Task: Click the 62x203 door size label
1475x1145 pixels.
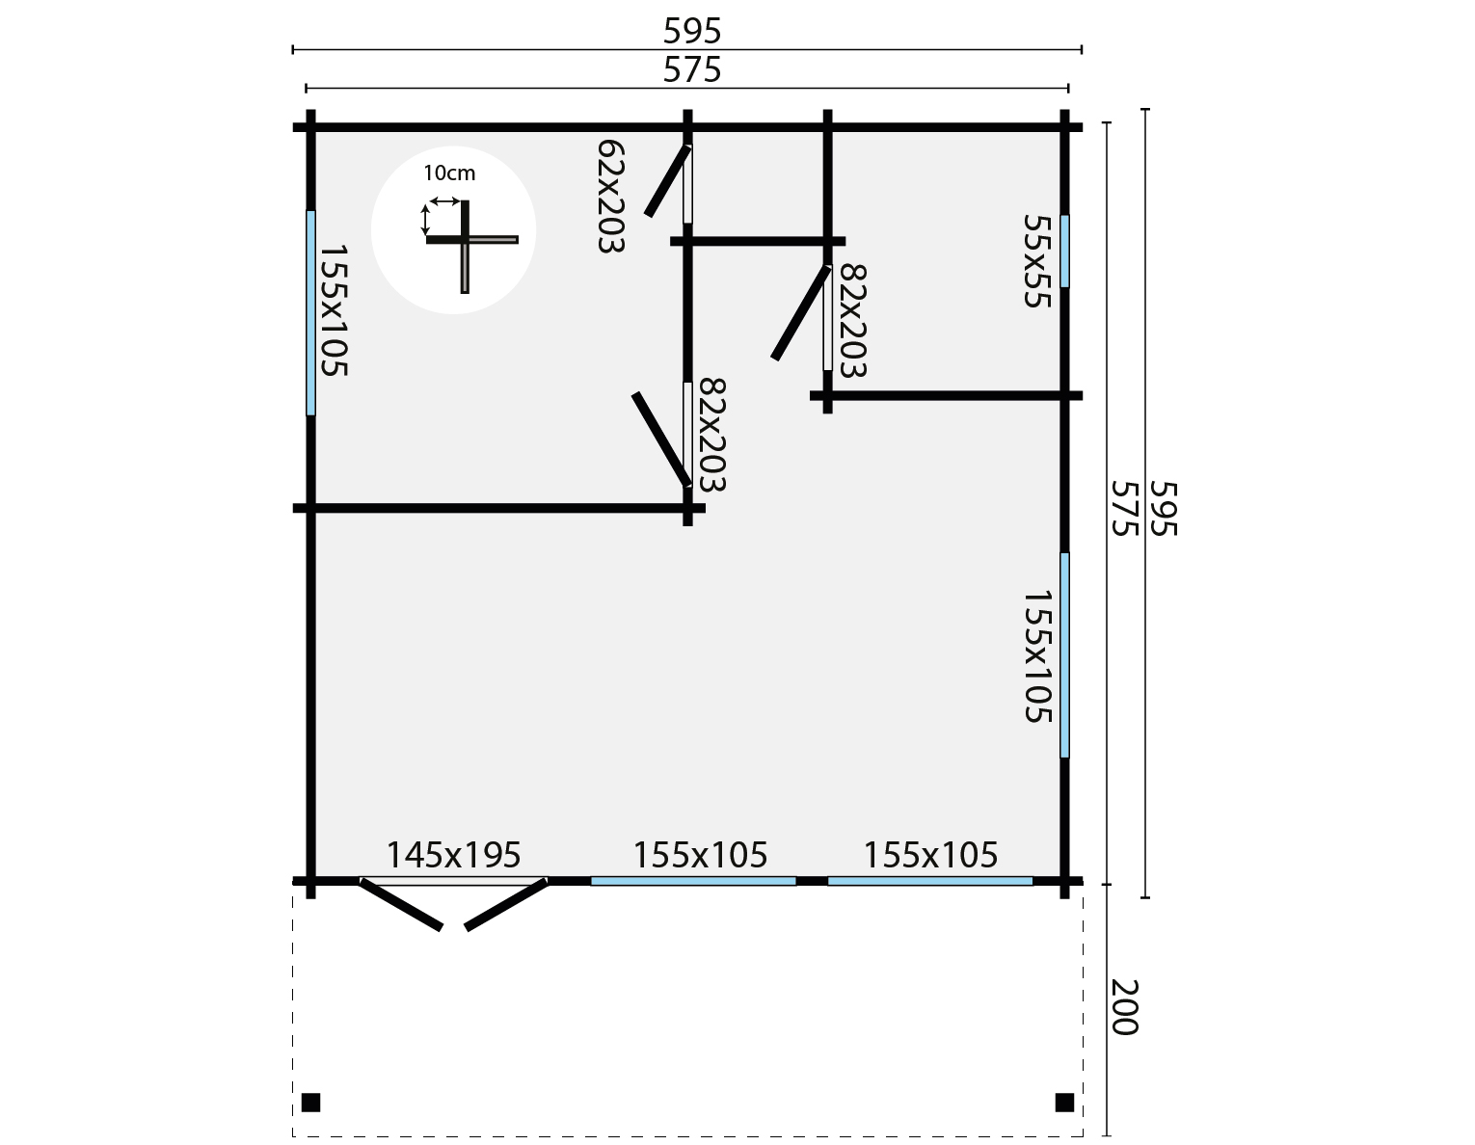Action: coord(610,197)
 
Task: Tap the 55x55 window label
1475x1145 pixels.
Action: coord(1034,260)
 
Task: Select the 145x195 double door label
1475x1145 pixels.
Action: coord(453,855)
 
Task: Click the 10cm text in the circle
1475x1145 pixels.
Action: coord(449,173)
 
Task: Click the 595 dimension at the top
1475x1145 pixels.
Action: coord(692,32)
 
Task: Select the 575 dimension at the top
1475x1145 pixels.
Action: coord(692,70)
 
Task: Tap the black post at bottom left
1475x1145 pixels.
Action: coord(310,1103)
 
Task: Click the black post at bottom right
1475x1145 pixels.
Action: coord(1064,1103)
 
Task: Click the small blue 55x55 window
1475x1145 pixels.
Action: coord(1064,251)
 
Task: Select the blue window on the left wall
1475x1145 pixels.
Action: coord(310,313)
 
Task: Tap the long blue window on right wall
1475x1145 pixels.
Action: coord(1064,655)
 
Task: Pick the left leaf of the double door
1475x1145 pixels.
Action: coord(401,904)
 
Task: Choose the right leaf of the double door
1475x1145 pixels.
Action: coord(507,904)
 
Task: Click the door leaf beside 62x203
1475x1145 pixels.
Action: coord(667,181)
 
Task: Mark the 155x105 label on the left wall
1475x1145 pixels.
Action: coord(333,310)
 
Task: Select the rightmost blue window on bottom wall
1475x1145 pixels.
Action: coord(930,881)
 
